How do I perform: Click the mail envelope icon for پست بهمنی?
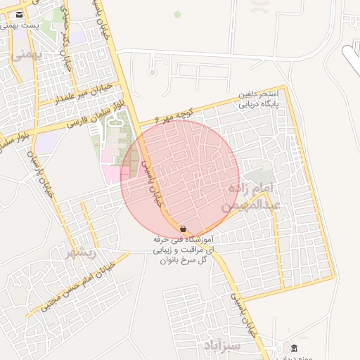click(18, 15)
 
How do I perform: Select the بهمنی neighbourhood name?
click(27, 54)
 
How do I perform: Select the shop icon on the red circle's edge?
click(183, 229)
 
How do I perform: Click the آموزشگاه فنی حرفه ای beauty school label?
click(184, 250)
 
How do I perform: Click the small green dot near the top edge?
click(177, 14)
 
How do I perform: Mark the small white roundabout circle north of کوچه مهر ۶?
click(152, 72)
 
